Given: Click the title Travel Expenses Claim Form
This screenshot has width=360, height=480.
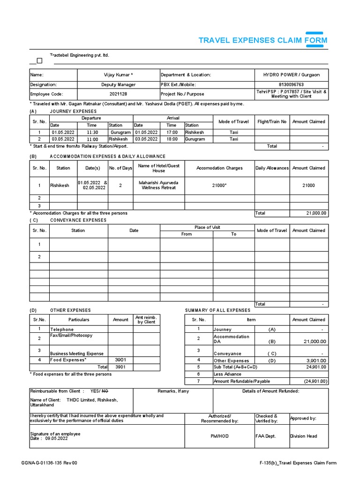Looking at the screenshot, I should point(263,40).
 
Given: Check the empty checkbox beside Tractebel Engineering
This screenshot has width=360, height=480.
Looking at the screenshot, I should point(39,60).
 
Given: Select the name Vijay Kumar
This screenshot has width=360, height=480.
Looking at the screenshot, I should point(118,75).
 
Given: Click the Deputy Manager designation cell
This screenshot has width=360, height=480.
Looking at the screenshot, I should point(118,85).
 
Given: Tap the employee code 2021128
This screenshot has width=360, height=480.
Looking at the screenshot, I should point(118,94).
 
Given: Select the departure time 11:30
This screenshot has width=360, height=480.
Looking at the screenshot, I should point(92,133).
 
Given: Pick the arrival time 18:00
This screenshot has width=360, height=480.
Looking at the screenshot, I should point(172,139).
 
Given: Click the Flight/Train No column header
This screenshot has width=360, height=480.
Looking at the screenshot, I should point(272,122).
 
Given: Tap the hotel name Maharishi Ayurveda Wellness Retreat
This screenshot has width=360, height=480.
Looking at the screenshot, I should point(158,185).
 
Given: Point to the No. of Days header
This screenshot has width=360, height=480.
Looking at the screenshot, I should point(121,168).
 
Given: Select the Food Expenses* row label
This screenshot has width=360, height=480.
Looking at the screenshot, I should point(68,360).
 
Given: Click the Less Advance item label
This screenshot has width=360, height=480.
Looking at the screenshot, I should point(228,374).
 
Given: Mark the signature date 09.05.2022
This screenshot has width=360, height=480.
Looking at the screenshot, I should point(57,439).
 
